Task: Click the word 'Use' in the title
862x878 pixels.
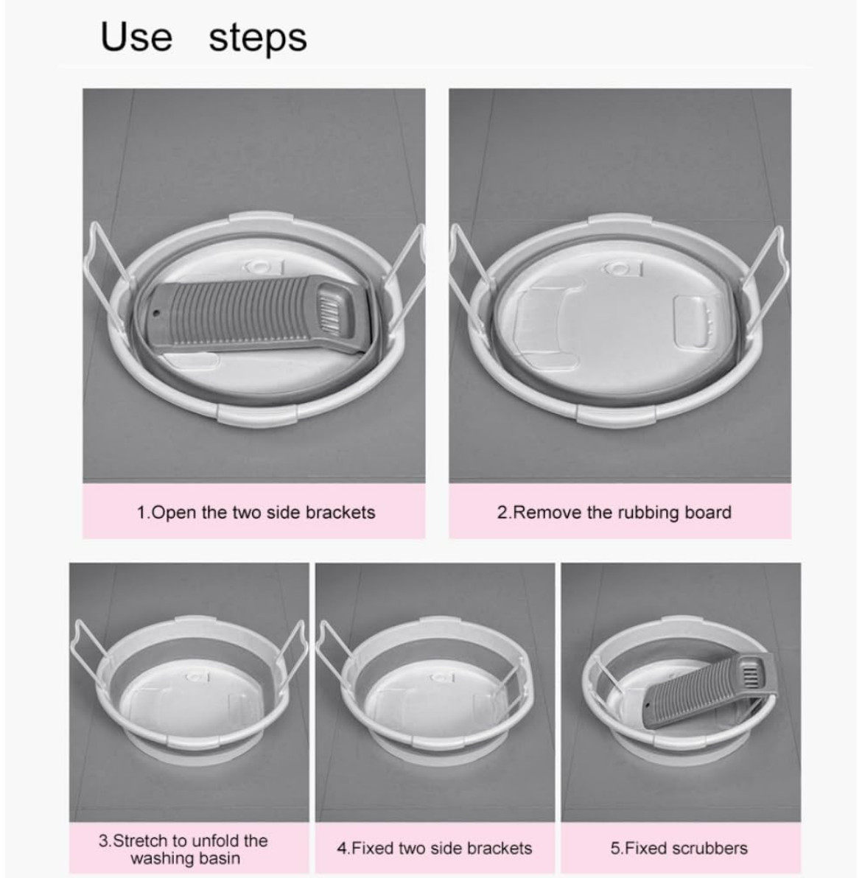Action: [x=136, y=37]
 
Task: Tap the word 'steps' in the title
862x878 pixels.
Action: [x=258, y=38]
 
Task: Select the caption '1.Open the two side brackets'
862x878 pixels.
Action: [x=256, y=513]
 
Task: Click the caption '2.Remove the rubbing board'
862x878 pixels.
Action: [x=614, y=513]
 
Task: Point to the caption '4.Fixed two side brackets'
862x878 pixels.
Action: [x=434, y=848]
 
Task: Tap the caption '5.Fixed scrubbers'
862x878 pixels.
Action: [x=679, y=848]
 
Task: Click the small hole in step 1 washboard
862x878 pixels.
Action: [x=158, y=312]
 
